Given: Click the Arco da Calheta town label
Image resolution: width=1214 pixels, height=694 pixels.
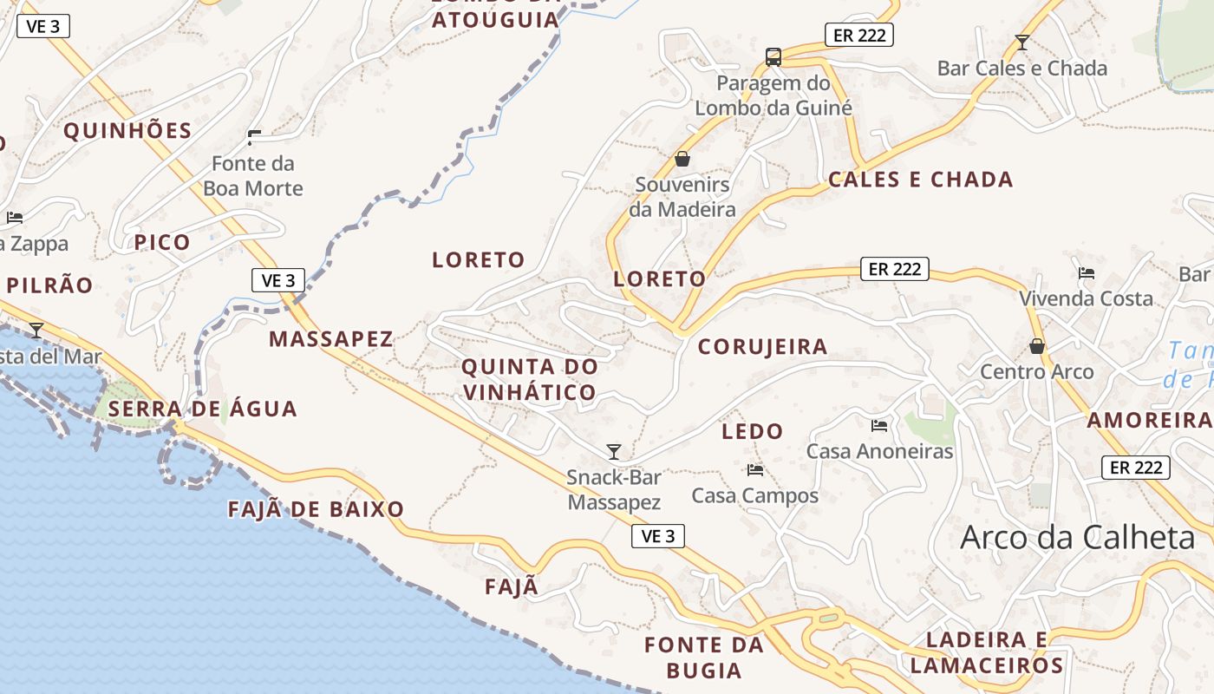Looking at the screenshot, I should [x=1078, y=538].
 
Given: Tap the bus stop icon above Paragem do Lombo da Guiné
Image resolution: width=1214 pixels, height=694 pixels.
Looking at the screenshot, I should [x=773, y=57].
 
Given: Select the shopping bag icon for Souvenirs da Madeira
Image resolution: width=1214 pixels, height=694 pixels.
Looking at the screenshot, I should [x=682, y=159].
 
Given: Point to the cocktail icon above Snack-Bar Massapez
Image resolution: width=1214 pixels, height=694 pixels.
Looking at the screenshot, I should [x=614, y=451].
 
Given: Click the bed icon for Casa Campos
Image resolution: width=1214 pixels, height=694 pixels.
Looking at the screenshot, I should [x=754, y=470].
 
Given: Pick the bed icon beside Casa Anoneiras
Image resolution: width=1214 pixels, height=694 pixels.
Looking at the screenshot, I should [x=879, y=425].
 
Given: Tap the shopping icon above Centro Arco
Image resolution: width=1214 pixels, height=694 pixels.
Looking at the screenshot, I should [x=1036, y=346].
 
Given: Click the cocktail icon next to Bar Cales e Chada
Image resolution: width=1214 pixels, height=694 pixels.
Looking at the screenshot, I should [x=1022, y=42].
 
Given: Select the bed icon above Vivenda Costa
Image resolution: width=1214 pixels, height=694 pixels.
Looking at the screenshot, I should [x=1086, y=272].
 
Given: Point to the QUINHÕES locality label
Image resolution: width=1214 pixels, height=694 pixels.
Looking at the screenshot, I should [x=127, y=131].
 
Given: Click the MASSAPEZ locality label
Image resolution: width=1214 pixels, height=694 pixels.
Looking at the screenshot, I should [x=331, y=339].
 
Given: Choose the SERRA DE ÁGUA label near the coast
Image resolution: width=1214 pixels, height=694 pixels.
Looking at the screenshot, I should [x=204, y=409].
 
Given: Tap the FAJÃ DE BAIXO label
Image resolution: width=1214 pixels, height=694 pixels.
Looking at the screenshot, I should [x=317, y=509].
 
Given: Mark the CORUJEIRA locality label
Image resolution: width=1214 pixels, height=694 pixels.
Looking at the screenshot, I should [x=763, y=347].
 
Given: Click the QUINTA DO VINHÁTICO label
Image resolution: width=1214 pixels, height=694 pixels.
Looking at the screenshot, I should [x=530, y=379].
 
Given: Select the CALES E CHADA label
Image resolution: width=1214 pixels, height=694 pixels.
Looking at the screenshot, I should [x=921, y=180].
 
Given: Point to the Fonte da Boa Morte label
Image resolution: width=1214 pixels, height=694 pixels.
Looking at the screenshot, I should [x=253, y=176].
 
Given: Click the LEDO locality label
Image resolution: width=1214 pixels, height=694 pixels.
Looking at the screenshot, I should [x=753, y=431].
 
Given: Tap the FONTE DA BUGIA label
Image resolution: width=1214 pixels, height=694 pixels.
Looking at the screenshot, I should [x=704, y=658].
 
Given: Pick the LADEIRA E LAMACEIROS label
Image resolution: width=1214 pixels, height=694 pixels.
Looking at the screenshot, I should [x=987, y=653].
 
